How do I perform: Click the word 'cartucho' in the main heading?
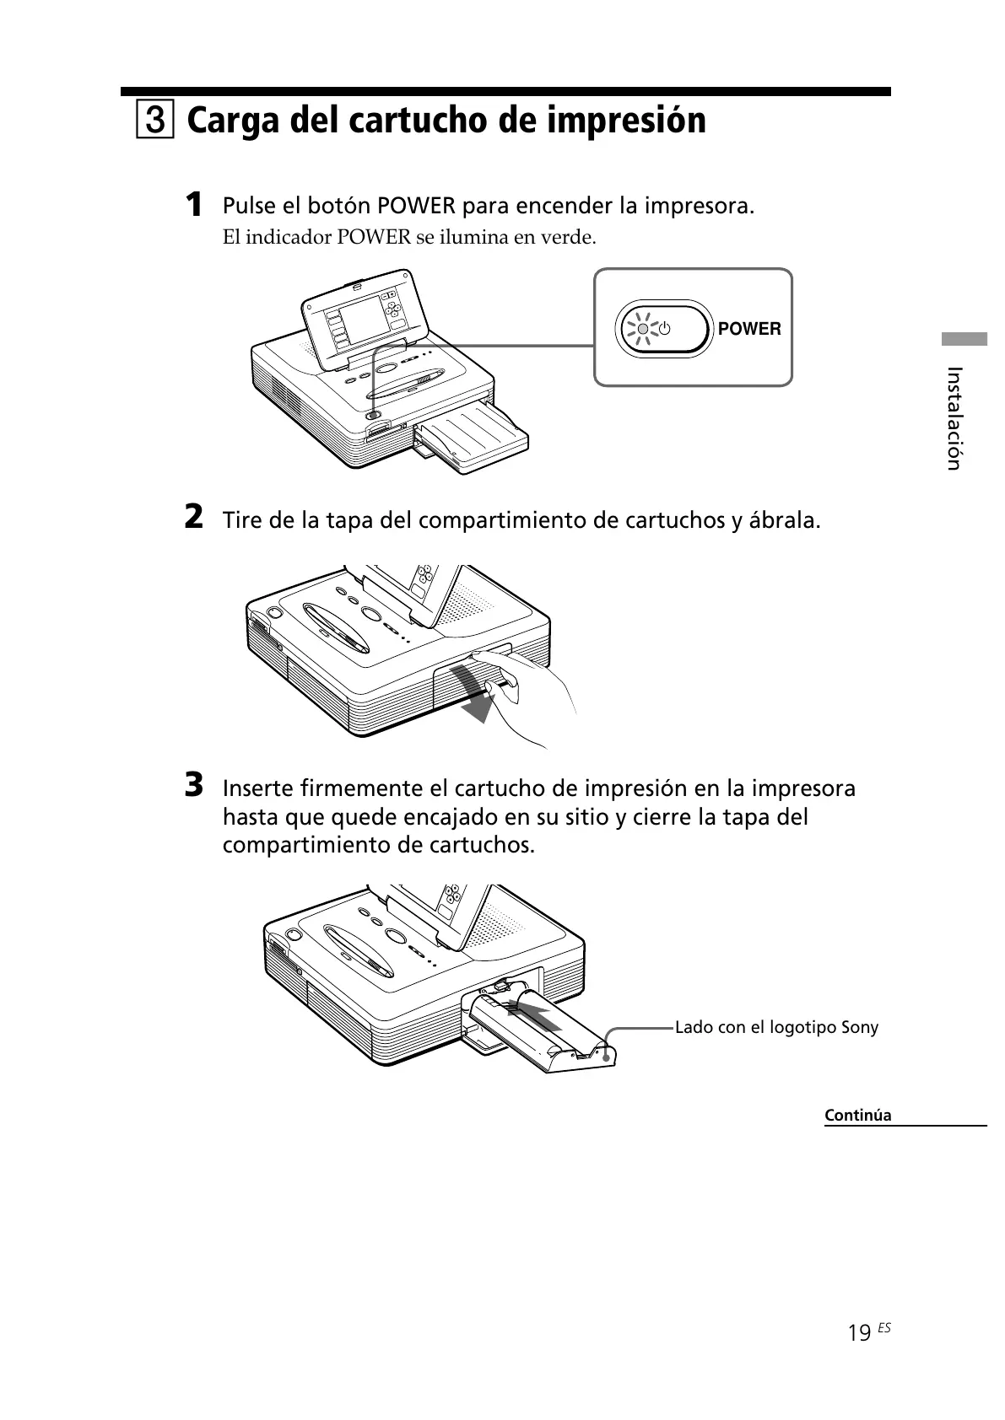coord(415,121)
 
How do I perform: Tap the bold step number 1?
coord(194,204)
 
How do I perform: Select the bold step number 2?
coord(194,517)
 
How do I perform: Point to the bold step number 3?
coord(194,785)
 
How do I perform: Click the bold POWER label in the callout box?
coord(749,329)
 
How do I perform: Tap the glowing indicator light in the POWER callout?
coord(643,329)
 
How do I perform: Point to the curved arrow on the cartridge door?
coord(473,691)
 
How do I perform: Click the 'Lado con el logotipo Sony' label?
coord(776,1027)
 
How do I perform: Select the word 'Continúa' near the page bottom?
coord(857,1115)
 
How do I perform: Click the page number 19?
coord(859,1331)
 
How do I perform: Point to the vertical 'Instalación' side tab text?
coord(954,417)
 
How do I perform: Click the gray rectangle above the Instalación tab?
coord(964,340)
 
